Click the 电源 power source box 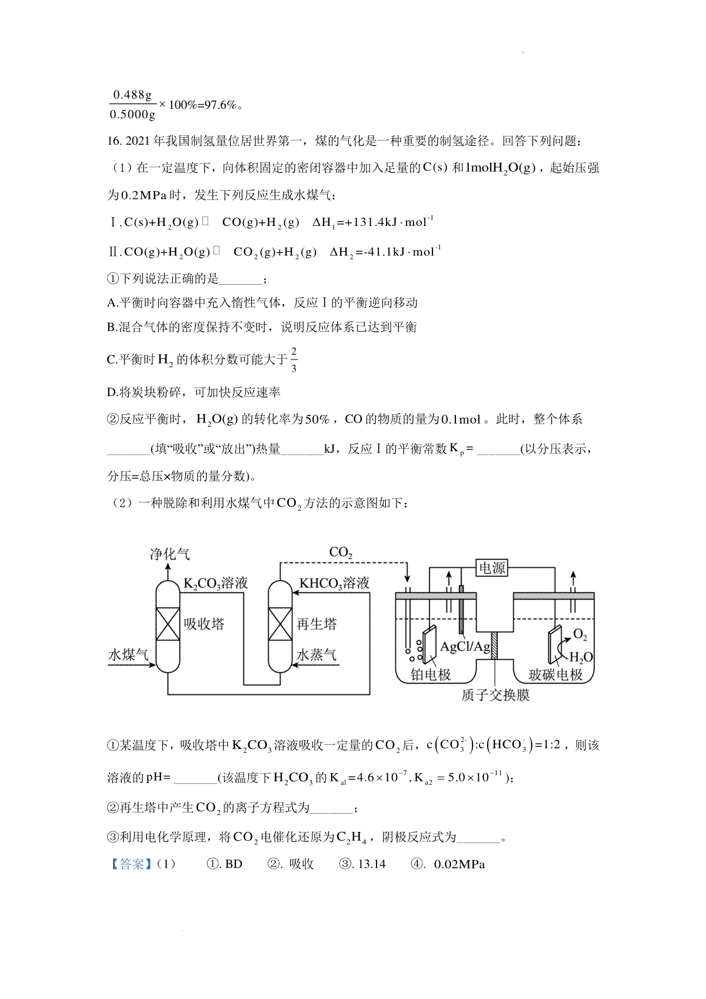coord(492,568)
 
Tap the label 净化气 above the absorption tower coord(169,554)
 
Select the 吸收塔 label coord(204,624)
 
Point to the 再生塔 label coord(317,624)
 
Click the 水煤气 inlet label coord(128,655)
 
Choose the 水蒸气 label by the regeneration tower coord(317,655)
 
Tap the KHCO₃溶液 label coord(334,583)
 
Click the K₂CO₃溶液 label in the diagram coord(215,583)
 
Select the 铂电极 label coord(431,675)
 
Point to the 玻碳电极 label coord(555,675)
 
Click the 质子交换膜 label coord(495,695)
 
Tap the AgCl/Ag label coord(465,647)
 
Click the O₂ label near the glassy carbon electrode coord(580,634)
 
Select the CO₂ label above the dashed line coord(341,552)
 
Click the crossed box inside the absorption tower coord(168,624)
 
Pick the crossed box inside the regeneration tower coord(280,624)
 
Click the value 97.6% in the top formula coord(220,105)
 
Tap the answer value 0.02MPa coord(459,864)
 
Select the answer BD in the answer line coord(234,864)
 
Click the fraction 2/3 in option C coord(294,359)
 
